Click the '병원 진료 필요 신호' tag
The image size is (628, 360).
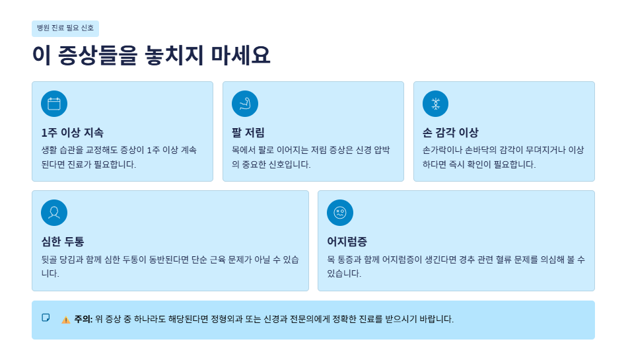pos(65,28)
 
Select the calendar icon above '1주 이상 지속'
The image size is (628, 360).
pos(54,104)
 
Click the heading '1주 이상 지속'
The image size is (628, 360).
pos(72,132)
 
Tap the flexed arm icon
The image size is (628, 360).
pos(245,104)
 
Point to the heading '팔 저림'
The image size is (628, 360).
pos(248,132)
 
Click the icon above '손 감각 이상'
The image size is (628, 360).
pos(436,104)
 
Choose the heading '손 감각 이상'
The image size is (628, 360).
pos(450,132)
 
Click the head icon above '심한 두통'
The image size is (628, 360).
pos(54,213)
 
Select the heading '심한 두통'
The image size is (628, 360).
pos(63,241)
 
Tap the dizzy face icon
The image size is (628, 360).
pos(340,213)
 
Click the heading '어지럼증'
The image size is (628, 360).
pos(347,241)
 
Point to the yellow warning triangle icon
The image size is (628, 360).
pos(66,320)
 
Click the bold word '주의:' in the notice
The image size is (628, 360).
pos(83,319)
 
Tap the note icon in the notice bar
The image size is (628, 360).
pos(46,318)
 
